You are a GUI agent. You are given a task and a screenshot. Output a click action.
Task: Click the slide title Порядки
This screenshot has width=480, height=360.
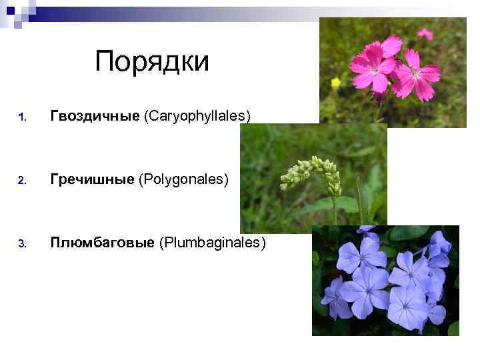(152, 62)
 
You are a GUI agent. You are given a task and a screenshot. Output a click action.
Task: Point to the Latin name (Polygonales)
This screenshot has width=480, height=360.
(183, 180)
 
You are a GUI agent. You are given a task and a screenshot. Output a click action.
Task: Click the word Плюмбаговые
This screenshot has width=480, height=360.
(102, 243)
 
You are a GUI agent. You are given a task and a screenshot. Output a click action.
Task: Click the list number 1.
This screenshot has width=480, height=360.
(22, 118)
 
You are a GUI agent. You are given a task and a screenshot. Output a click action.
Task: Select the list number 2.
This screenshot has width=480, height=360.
(22, 181)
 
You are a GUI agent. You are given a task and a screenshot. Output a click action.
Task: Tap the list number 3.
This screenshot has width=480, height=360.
(22, 244)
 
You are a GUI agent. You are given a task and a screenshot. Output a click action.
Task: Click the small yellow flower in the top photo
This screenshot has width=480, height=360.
(335, 83)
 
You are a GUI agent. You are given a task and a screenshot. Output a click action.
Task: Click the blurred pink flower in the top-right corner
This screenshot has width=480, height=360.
(425, 33)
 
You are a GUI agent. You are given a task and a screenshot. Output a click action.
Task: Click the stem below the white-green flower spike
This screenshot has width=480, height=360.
(334, 210)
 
